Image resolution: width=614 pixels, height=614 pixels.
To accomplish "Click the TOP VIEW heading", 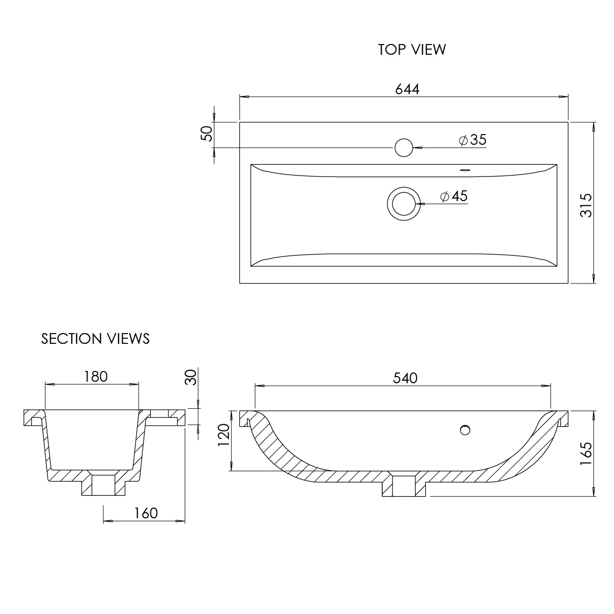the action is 412,50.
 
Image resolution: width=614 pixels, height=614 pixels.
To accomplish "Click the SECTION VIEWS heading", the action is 95,339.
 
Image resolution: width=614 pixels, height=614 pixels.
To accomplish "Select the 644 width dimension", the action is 407,89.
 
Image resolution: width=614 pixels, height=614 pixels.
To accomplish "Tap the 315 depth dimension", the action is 586,206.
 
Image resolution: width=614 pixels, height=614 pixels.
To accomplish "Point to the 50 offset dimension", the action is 207,134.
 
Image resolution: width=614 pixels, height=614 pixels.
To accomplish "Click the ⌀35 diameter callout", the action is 473,140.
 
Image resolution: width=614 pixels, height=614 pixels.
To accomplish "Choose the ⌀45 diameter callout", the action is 454,196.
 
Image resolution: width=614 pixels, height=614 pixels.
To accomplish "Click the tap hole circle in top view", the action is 404,147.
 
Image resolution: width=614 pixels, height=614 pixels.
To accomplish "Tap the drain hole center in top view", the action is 404,204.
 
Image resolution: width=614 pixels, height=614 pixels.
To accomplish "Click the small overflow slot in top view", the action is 465,170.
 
